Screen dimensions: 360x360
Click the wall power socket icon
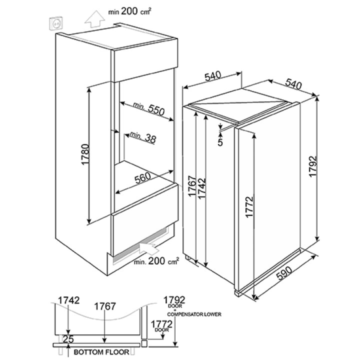tap(56, 23)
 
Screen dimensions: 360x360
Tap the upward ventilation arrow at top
tap(94, 19)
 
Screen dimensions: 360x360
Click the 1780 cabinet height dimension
tap(85, 154)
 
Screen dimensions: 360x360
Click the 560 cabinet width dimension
tap(143, 177)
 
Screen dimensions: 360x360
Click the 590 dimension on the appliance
tap(284, 273)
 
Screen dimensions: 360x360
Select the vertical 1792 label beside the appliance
tap(313, 166)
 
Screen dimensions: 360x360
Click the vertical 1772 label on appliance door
tap(249, 206)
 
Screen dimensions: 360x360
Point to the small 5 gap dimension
tap(220, 142)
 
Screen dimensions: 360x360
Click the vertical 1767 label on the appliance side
tap(192, 186)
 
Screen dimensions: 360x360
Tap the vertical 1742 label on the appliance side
tap(202, 188)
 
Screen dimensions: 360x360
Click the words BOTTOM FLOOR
tap(101, 352)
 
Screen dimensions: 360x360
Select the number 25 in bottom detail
tap(68, 339)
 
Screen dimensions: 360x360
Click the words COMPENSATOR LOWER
tap(194, 314)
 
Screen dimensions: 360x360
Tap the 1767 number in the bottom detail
tap(105, 306)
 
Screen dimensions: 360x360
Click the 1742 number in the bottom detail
tap(68, 300)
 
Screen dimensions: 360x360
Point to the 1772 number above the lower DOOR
tap(161, 324)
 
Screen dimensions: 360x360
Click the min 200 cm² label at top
tap(130, 11)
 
